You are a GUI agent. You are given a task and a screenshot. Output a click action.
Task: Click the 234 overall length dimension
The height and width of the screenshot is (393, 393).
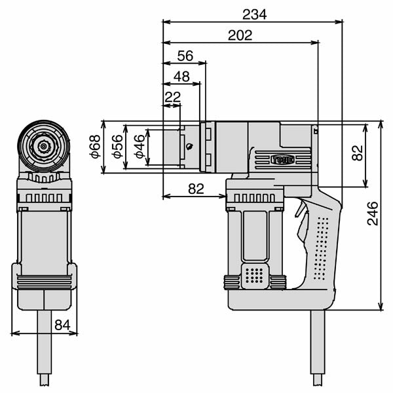[254, 14]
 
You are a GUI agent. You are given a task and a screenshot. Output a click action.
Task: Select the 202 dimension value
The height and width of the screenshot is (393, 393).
[240, 35]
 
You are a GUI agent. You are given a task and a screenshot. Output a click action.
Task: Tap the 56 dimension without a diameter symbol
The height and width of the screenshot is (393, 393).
[185, 56]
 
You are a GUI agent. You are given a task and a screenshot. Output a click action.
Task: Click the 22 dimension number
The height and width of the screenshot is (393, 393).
[172, 97]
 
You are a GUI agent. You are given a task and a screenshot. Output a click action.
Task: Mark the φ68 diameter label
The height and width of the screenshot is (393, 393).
[95, 147]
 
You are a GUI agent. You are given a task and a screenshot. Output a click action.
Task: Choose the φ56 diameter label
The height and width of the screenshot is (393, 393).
[117, 147]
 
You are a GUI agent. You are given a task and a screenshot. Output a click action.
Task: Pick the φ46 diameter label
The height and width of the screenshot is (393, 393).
[138, 147]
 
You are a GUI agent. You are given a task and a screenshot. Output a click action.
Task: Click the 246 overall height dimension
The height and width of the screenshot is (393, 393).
[373, 214]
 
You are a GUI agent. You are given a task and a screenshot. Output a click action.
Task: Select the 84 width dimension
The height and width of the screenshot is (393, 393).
[62, 324]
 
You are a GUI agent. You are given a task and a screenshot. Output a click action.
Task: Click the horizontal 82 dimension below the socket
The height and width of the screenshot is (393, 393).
[196, 189]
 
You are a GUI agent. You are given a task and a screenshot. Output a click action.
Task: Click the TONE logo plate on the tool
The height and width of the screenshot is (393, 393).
[283, 159]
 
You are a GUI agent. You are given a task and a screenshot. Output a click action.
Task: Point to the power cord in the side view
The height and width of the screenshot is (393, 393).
[317, 347]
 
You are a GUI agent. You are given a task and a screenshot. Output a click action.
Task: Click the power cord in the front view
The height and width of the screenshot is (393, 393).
[45, 347]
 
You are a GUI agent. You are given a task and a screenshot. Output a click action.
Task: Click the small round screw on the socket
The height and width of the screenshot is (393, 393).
[189, 147]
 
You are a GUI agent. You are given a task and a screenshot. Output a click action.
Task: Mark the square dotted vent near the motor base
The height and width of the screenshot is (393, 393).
[255, 276]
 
